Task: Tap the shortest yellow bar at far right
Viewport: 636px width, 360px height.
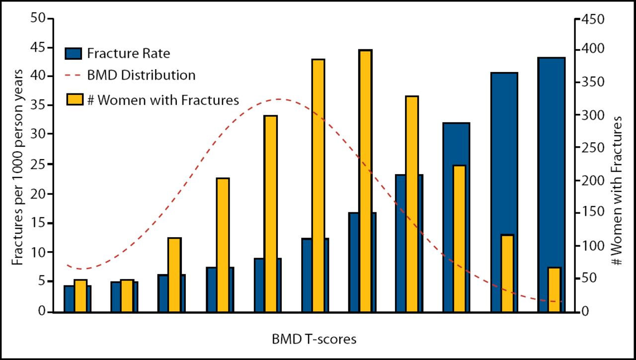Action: coord(555,289)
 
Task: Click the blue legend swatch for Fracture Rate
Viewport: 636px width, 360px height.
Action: coord(73,53)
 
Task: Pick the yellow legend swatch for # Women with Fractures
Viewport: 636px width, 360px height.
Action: coord(73,99)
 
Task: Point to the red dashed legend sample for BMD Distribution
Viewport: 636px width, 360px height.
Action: coord(73,76)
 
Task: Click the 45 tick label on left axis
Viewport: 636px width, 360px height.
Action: coord(40,47)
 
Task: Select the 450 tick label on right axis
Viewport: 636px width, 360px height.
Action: coord(593,19)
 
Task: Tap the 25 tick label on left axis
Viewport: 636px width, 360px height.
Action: coord(40,164)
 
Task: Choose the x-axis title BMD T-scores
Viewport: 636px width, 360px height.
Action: coord(314,340)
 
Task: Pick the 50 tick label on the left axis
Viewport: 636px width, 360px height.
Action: coord(40,19)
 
